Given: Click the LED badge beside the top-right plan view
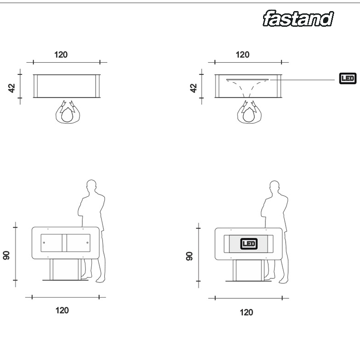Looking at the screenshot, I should (x=348, y=78).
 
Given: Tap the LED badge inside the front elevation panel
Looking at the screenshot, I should (x=249, y=244).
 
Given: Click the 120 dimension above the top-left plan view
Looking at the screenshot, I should (x=60, y=54).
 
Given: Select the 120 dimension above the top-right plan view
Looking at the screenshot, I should (x=242, y=54).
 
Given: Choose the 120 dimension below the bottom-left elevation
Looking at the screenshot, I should (x=62, y=310).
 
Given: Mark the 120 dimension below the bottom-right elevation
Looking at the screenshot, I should (x=246, y=312).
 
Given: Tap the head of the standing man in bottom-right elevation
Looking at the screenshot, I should (x=275, y=187).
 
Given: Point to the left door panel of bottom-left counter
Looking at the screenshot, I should (x=54, y=243).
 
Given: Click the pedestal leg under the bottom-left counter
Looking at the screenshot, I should (x=67, y=269).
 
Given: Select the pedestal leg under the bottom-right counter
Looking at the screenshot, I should (x=249, y=269).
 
